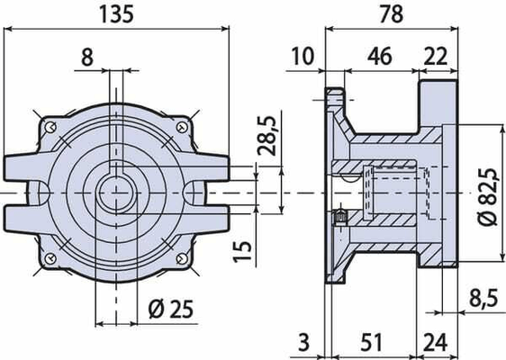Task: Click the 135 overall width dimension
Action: pos(116,14)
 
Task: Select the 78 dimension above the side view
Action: pos(392,14)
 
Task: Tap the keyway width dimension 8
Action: pos(87,58)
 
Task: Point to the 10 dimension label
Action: pos(303,56)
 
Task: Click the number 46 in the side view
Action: pos(380,56)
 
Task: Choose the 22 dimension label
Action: pos(436,56)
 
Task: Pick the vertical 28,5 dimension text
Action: pos(267,136)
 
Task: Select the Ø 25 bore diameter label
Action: pos(171,309)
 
